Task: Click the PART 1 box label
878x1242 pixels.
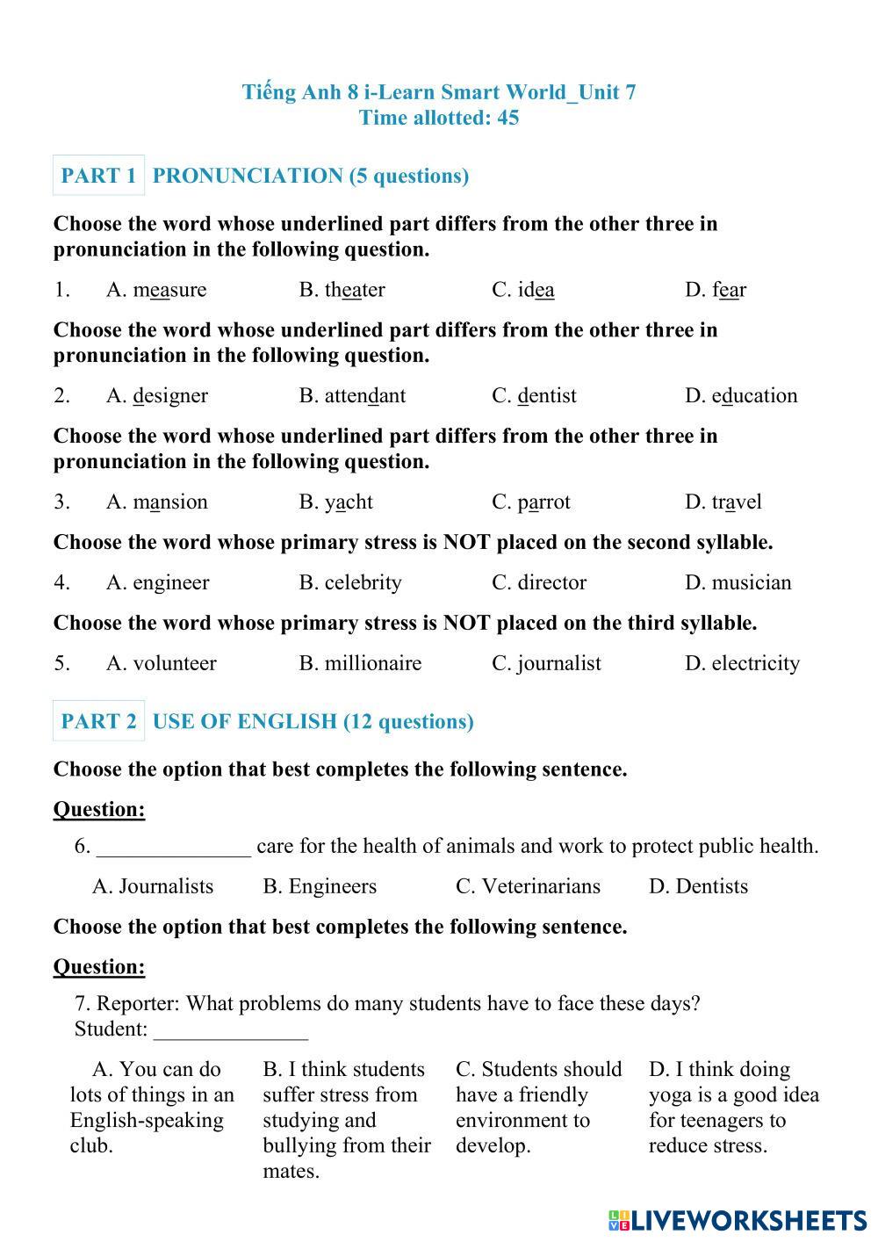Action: (x=98, y=176)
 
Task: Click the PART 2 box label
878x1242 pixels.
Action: (x=98, y=721)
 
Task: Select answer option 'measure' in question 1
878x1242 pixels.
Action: (x=169, y=290)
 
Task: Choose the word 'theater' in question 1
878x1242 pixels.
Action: (x=355, y=290)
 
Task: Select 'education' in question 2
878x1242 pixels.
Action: (x=754, y=396)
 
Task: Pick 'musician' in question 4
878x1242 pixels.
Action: (x=751, y=582)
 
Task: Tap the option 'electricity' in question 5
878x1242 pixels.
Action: (x=755, y=663)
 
